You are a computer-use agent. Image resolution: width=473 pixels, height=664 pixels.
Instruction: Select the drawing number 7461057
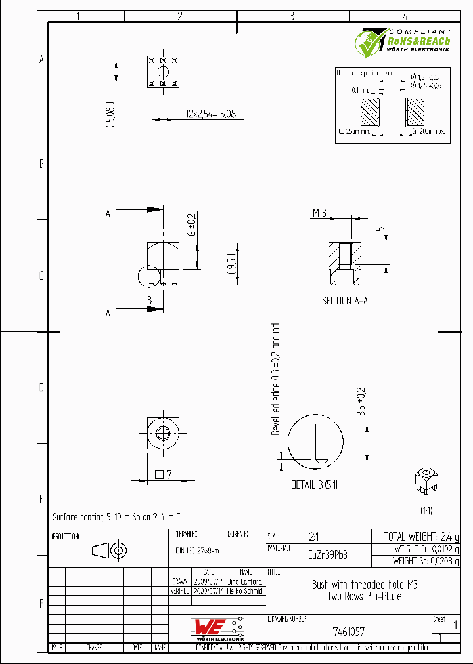[x=348, y=632]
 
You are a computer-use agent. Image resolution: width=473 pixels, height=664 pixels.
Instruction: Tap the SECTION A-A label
[x=345, y=301]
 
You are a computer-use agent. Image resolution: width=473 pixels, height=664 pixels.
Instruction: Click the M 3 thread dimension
[x=319, y=213]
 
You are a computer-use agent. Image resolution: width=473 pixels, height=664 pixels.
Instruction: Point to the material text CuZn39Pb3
[x=327, y=554]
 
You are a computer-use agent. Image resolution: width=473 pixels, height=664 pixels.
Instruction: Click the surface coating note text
[x=122, y=517]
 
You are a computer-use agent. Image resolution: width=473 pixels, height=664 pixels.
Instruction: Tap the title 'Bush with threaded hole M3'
[x=364, y=585]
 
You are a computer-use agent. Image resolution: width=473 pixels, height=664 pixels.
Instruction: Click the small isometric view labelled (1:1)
[x=426, y=484]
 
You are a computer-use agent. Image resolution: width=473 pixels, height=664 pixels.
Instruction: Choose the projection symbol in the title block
[x=108, y=550]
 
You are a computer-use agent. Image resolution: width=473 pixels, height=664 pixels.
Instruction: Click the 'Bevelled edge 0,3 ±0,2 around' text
[x=276, y=379]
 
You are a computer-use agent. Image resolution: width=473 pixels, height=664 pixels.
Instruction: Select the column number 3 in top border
[x=292, y=16]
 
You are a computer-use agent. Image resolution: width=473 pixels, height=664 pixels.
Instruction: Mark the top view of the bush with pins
[x=162, y=72]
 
